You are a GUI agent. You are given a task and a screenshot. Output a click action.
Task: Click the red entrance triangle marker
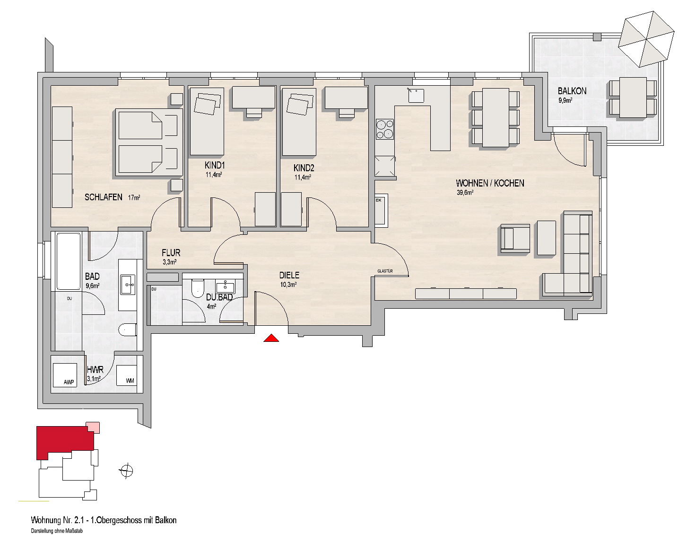271,338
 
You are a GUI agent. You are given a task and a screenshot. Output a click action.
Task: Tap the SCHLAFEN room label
104,197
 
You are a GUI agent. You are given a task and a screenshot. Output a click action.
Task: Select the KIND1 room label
215,165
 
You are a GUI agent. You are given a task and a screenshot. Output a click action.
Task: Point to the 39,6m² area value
465,192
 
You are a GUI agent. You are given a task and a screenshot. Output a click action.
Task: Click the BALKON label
572,91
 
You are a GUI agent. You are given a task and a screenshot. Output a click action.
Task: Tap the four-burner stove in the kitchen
385,129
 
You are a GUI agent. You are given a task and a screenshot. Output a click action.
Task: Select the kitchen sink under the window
416,95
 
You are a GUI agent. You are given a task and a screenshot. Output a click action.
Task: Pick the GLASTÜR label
385,271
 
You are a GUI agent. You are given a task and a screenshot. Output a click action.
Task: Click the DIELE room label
289,276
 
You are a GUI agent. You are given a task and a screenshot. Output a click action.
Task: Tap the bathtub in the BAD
69,261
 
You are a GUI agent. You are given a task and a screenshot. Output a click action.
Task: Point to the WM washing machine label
130,381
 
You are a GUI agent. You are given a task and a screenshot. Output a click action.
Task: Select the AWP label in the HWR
69,382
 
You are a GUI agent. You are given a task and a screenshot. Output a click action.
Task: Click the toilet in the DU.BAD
197,288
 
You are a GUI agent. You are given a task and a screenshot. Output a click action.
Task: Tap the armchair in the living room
515,238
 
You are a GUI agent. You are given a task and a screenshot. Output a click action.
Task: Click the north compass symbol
126,471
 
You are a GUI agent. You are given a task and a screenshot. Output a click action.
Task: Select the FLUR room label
171,253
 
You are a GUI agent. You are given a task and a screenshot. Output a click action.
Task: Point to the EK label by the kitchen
378,200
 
